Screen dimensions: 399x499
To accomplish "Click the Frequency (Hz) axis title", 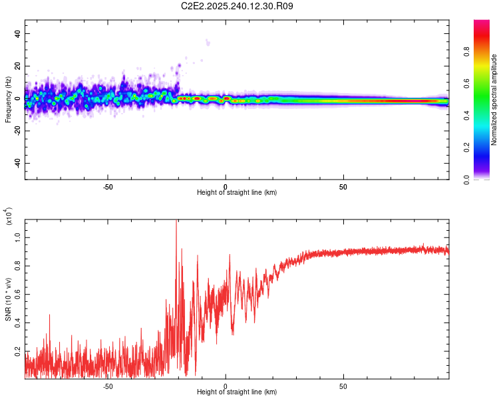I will point(8,99).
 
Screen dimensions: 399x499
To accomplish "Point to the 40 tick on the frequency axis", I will point(17,33).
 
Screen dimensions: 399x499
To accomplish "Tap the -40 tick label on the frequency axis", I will point(17,163).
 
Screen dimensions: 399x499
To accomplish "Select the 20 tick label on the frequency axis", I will point(17,66).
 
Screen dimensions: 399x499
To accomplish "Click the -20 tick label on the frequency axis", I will point(17,131).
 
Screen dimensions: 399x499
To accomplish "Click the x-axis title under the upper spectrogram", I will point(237,193).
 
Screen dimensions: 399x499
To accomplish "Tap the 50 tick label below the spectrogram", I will point(343,186).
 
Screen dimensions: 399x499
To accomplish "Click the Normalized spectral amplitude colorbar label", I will point(494,100).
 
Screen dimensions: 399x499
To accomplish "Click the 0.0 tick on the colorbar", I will point(486,179).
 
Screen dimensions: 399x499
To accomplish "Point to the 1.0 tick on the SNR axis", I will point(17,237).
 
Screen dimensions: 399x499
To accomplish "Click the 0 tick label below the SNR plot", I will point(226,386).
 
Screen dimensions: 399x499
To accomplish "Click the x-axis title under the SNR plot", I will point(237,392).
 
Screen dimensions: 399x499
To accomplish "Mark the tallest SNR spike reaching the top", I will point(176,221).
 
